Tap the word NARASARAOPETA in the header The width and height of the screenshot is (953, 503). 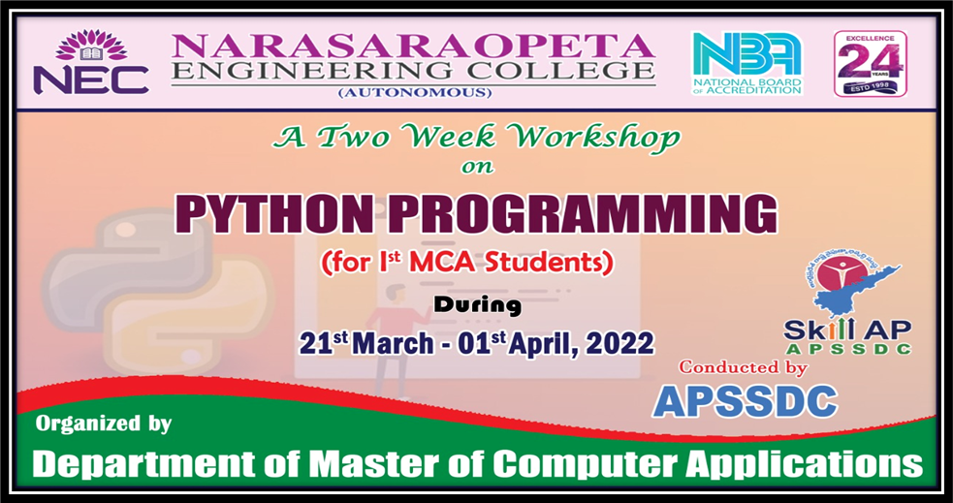[413, 46]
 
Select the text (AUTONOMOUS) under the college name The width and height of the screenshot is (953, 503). [414, 93]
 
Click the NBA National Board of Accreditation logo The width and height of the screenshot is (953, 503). [746, 63]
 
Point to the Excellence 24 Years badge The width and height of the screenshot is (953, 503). [870, 64]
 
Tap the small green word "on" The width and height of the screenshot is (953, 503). [477, 166]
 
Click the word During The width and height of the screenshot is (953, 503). [477, 305]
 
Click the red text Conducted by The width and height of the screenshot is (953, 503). [743, 367]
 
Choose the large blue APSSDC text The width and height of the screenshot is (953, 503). [745, 400]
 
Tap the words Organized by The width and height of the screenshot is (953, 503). [104, 424]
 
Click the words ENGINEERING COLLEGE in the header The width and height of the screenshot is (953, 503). [413, 71]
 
